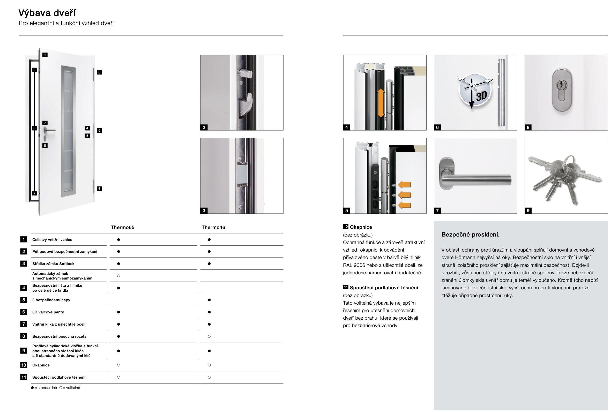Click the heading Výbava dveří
[x=47, y=13]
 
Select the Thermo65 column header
[x=122, y=227]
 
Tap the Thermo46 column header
[x=213, y=227]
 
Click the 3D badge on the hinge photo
[x=475, y=90]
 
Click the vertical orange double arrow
[x=381, y=103]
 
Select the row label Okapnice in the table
[x=41, y=365]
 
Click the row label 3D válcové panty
[x=48, y=312]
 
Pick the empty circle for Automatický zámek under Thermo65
[x=118, y=276]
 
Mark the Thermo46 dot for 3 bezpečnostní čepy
[x=209, y=300]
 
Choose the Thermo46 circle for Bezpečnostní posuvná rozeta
[x=209, y=336]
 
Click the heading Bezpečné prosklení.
[x=470, y=234]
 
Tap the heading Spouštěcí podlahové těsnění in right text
[x=384, y=288]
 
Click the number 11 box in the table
[x=24, y=377]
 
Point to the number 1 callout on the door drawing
[x=45, y=55]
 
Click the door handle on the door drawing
[x=49, y=130]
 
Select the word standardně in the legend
[x=47, y=388]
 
